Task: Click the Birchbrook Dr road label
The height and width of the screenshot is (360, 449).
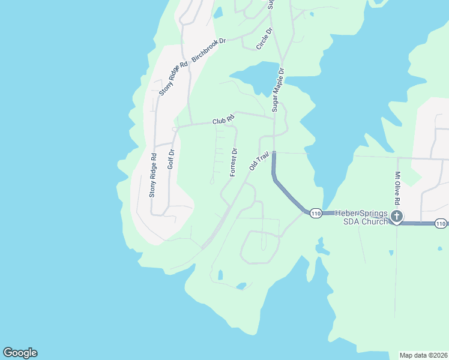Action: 208,50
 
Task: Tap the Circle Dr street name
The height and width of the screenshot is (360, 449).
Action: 264,38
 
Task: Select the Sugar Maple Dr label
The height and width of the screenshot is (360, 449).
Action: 277,89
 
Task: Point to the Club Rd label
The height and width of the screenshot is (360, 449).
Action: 222,121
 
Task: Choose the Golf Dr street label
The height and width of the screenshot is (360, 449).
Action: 171,158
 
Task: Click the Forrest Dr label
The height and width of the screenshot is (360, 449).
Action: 234,162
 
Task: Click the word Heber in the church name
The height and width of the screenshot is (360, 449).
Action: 348,213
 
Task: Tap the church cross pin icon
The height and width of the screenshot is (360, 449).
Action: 396,217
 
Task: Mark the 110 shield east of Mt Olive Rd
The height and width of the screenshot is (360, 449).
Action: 441,224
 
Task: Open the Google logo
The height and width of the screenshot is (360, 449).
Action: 20,353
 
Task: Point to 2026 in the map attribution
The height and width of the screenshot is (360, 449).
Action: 438,355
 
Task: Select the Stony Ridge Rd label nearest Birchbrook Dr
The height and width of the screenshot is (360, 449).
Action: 173,79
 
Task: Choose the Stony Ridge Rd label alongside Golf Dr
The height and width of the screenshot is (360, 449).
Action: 153,176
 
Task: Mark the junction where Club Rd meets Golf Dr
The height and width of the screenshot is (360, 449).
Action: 175,128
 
